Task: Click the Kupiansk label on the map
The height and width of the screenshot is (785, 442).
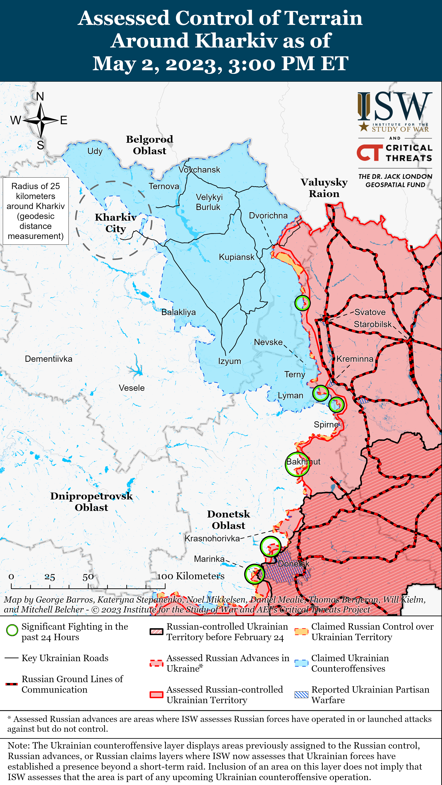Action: [x=236, y=257]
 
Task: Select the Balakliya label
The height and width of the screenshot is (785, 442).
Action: [x=179, y=312]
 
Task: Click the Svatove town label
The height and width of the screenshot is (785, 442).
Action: [x=370, y=312]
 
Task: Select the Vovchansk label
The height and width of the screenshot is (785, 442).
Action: [x=199, y=170]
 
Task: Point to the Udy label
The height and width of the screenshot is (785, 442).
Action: [x=95, y=151]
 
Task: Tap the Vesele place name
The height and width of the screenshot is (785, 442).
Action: [x=132, y=388]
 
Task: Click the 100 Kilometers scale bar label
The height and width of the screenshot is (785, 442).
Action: [x=191, y=576]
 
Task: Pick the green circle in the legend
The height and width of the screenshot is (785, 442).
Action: [x=12, y=630]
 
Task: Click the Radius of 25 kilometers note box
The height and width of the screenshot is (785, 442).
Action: [x=36, y=211]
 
